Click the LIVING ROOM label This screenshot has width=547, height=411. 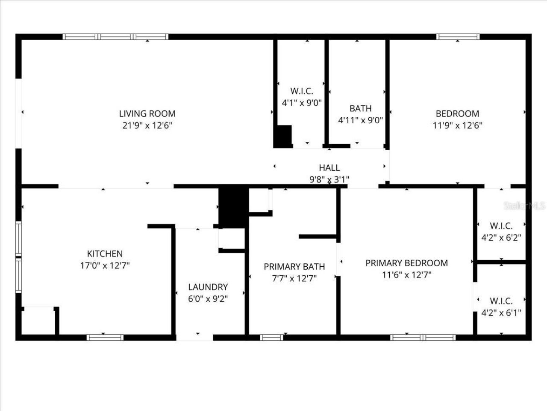[x=147, y=113]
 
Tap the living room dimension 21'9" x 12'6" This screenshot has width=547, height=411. [x=147, y=125]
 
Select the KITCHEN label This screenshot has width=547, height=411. [x=105, y=254]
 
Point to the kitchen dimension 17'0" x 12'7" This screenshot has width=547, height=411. [x=105, y=266]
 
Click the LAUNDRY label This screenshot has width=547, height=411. [x=208, y=287]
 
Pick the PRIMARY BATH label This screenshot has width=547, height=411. [x=294, y=267]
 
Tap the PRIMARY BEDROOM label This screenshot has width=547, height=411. [x=406, y=263]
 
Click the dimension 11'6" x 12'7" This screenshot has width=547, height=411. [x=406, y=275]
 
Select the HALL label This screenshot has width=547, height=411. [x=329, y=168]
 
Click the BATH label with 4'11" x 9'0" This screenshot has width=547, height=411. [x=360, y=108]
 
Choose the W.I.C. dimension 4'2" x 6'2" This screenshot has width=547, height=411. [x=501, y=238]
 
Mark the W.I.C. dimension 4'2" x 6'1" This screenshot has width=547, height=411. [x=501, y=313]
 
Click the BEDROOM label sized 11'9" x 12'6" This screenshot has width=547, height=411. [x=457, y=113]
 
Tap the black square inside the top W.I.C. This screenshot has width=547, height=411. [x=282, y=137]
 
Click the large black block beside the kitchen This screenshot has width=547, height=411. [x=233, y=205]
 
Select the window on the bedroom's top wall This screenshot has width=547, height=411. [x=458, y=37]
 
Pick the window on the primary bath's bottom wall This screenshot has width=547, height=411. [x=272, y=337]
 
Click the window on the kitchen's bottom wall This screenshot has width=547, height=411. [x=105, y=337]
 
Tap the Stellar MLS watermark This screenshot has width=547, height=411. [x=524, y=206]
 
